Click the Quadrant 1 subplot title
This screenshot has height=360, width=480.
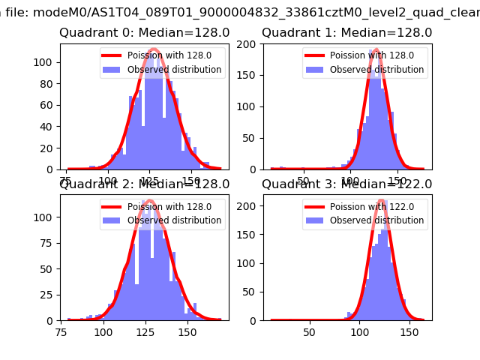pyautogui.click(x=346, y=33)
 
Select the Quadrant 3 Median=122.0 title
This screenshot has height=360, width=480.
pyautogui.click(x=346, y=184)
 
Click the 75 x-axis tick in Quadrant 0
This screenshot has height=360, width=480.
pyautogui.click(x=67, y=181)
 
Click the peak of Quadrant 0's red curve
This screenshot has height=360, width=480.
pyautogui.click(x=153, y=49)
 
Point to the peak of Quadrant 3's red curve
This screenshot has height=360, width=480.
pyautogui.click(x=382, y=200)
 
